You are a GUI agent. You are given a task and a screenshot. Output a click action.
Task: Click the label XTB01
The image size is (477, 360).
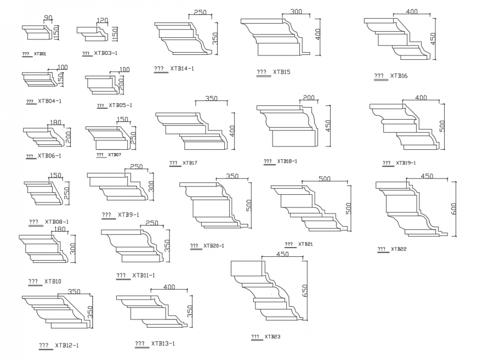40,54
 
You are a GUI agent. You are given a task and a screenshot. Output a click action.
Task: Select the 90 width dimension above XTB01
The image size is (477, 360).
48,19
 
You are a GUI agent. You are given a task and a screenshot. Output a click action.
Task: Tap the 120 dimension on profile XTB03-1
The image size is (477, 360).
102,20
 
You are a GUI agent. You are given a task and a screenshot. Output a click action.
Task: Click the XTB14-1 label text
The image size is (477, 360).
182,69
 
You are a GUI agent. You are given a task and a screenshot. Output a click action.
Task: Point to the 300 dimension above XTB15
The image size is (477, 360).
296,12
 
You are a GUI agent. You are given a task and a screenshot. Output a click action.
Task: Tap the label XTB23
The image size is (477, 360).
272,336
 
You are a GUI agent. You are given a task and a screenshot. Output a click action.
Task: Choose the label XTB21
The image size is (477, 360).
306,244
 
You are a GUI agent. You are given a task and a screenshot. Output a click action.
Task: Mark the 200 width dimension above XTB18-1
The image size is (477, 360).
309,98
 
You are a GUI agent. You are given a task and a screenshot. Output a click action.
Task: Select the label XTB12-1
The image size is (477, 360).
66,346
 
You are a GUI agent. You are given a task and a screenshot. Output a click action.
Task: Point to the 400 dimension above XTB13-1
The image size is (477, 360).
169,287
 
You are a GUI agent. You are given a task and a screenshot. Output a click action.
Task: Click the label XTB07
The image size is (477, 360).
115,155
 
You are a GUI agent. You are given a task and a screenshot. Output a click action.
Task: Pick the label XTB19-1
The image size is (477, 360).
406,163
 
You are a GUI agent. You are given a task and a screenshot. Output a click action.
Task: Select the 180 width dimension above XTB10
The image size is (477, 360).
59,229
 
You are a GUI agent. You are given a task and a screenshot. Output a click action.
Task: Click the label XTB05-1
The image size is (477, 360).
120,105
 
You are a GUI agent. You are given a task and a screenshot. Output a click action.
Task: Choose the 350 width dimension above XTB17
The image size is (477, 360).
211,99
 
